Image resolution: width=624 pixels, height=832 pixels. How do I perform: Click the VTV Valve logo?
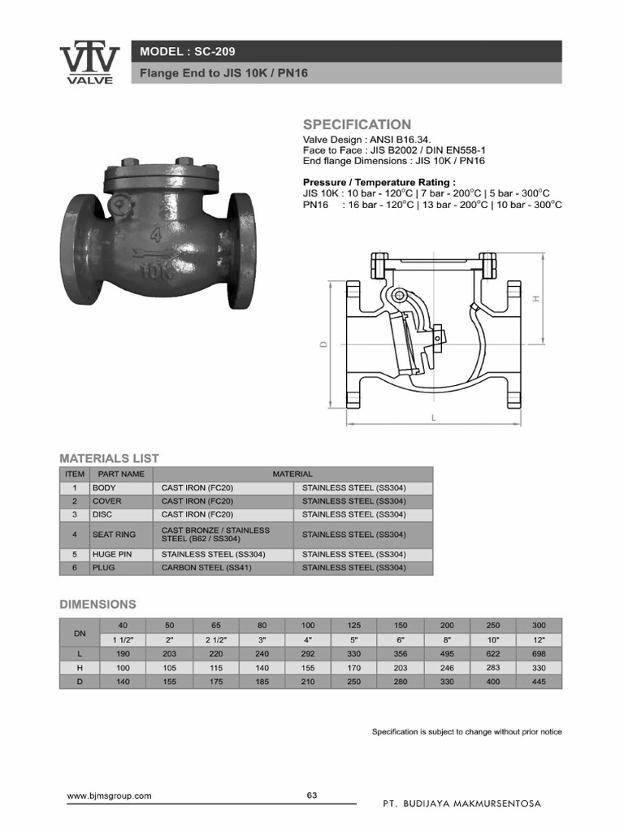(89, 63)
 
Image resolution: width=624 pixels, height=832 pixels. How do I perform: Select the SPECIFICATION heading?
(357, 124)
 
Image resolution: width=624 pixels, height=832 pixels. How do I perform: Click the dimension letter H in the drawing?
(535, 298)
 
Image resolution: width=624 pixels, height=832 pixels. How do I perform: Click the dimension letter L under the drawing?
(434, 418)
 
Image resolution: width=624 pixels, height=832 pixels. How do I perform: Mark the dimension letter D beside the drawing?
(323, 344)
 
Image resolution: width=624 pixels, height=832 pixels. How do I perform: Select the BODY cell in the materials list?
(104, 487)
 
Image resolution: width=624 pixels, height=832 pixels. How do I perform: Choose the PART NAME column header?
(120, 474)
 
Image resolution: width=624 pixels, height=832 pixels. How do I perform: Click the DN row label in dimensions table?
(79, 632)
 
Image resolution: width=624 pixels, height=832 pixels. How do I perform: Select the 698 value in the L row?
(539, 653)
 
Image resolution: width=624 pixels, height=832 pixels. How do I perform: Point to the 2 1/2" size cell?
(216, 639)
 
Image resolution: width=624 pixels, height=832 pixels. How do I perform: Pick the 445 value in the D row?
(539, 681)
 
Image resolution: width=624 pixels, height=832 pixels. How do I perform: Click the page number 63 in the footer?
(312, 795)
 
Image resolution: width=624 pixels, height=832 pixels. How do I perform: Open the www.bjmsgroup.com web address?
(109, 796)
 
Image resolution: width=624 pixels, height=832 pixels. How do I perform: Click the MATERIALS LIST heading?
(109, 458)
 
